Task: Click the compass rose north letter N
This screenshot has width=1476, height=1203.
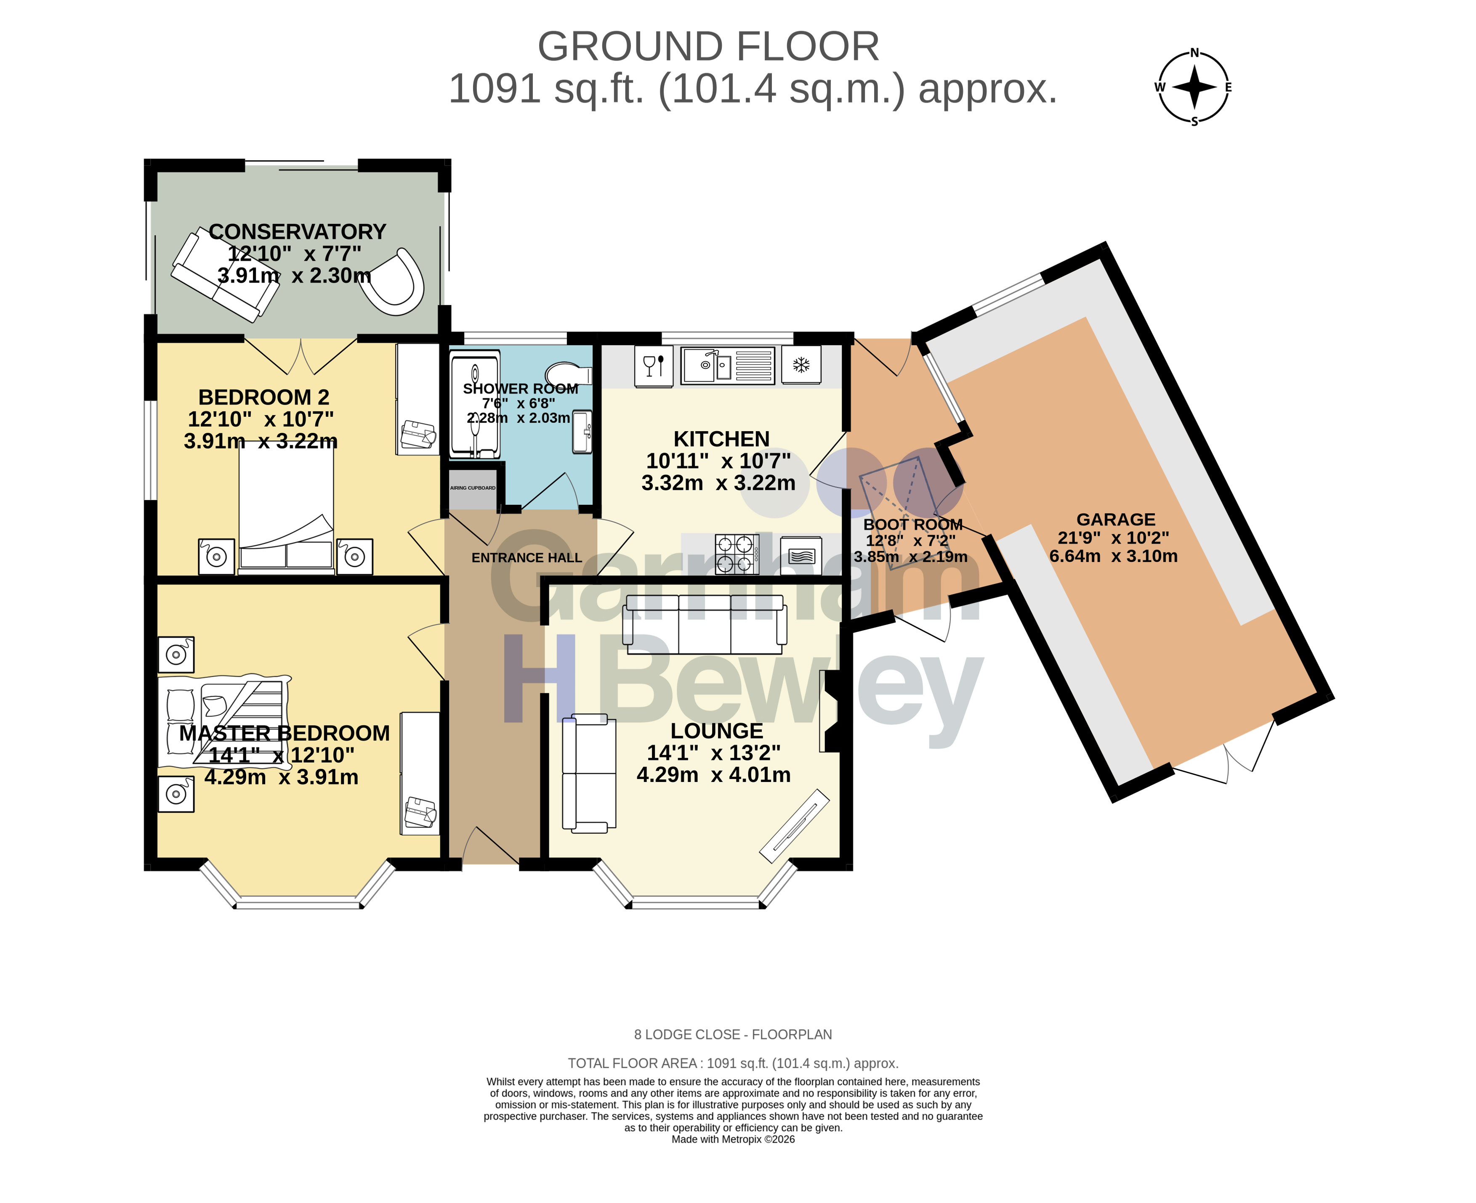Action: (x=1194, y=53)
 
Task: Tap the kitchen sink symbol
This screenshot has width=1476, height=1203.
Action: (x=727, y=365)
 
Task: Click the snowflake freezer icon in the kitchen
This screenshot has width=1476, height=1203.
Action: (x=801, y=365)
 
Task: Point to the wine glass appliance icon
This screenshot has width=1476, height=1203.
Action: (x=653, y=366)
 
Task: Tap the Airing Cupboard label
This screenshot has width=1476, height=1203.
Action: (x=473, y=488)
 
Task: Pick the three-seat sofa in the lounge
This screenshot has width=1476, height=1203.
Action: (x=705, y=624)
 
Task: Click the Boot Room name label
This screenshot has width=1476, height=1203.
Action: (x=912, y=525)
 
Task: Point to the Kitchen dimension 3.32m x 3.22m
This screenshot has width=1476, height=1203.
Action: (x=718, y=483)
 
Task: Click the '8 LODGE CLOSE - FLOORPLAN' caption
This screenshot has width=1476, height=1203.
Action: (x=733, y=1034)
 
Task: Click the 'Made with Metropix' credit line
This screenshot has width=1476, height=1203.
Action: (x=733, y=1139)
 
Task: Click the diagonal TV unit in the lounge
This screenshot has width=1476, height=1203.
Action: (x=795, y=825)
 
